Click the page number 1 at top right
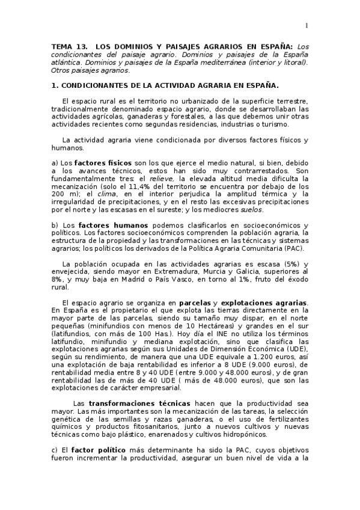[x=306, y=25]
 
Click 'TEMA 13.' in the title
[x=69, y=46]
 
